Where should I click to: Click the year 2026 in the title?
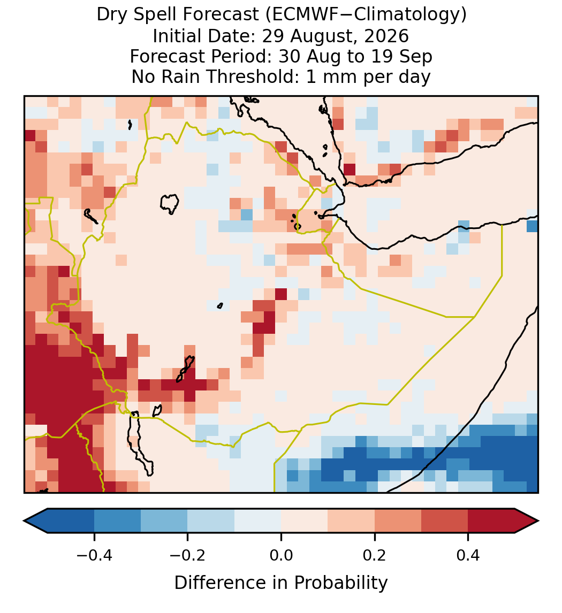(386, 36)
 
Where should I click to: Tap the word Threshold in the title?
(255, 76)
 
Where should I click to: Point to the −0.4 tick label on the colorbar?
(94, 554)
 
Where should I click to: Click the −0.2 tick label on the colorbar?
(188, 554)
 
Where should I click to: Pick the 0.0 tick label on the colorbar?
(281, 554)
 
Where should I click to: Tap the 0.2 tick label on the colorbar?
(375, 554)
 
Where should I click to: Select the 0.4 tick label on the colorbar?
(468, 554)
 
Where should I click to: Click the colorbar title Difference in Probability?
(281, 583)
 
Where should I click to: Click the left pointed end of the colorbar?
(24, 521)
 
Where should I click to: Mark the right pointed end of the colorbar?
(538, 521)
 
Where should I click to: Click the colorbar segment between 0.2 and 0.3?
(398, 521)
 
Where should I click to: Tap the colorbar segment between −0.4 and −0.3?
(117, 521)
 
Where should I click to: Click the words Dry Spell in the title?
(137, 16)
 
